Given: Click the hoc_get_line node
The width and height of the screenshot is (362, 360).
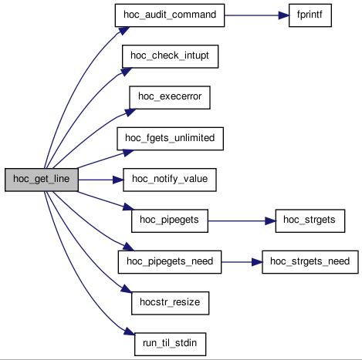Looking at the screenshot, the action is point(42,180).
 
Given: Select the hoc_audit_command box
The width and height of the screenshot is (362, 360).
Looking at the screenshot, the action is point(170,15).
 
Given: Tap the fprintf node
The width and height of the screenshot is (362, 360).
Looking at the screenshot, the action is point(310,15).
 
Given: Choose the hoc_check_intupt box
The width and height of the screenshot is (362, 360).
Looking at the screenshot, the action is point(170,56).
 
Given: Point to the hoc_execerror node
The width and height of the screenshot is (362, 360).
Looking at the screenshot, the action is point(170,97).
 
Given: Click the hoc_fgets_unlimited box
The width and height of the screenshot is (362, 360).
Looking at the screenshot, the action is point(170,139).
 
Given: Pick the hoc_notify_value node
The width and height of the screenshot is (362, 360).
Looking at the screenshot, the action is point(170,180).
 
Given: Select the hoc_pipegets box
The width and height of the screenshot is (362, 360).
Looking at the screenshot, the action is point(170,221).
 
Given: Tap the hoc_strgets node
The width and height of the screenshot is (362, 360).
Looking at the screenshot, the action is point(310,221).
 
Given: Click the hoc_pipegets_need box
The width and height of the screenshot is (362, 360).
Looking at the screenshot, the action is point(170,262).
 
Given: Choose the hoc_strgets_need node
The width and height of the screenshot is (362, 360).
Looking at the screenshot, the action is point(310,262).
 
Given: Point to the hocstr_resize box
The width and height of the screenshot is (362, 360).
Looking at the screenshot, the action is point(170,303).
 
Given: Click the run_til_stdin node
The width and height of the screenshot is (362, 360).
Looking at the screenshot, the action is point(170,345).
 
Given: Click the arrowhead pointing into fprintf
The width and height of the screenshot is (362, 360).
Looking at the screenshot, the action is point(284,15).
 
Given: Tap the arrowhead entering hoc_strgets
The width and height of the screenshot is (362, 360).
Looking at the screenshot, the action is point(270,221).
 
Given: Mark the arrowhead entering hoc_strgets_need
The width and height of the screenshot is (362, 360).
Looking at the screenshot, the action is point(257,262).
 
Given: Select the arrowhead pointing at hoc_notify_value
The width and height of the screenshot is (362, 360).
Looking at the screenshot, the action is point(118,180).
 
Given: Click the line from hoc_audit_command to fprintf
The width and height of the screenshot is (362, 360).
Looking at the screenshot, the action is point(252,15).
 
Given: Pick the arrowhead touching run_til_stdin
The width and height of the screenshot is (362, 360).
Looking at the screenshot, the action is point(130,331).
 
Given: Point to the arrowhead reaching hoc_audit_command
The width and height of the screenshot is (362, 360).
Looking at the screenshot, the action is point(124,31).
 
